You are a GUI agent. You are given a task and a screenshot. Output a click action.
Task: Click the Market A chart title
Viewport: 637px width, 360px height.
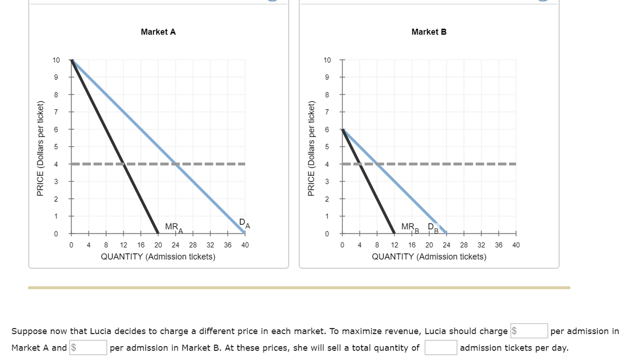(x=158, y=32)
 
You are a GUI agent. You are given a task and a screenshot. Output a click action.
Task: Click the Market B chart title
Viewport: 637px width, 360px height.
(x=429, y=32)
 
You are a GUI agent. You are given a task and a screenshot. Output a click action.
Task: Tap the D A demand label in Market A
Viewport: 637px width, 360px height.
(x=244, y=223)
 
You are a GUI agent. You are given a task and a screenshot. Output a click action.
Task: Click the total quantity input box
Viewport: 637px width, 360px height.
(x=440, y=348)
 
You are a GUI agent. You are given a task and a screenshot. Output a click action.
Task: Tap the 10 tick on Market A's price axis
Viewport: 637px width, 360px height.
(x=56, y=60)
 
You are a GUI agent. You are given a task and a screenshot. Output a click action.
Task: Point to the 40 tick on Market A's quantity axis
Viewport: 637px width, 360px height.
(x=245, y=245)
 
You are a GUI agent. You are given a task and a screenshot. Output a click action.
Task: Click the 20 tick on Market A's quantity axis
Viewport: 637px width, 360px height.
(x=158, y=245)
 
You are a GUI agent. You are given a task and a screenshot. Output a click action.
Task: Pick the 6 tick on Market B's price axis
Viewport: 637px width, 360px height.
(x=328, y=130)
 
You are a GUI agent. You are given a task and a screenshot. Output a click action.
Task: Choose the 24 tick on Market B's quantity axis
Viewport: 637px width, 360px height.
(x=446, y=245)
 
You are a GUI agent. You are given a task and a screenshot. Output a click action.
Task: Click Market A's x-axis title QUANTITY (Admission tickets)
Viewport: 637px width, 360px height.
(x=158, y=257)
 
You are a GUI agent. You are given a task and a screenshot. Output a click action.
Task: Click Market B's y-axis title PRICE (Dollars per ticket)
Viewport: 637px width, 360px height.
(x=312, y=147)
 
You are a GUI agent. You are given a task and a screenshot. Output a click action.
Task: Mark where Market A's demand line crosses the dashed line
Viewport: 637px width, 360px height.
(x=176, y=164)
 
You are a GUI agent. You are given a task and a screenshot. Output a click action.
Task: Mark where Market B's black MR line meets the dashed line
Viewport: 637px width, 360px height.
(x=359, y=164)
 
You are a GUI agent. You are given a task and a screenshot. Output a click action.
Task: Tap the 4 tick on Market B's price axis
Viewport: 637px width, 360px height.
(x=328, y=165)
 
